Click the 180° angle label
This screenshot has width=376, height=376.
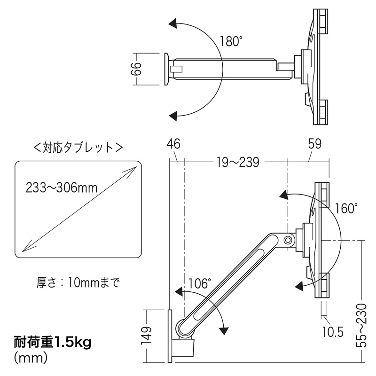tap(229, 41)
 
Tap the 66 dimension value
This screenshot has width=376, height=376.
tap(136, 69)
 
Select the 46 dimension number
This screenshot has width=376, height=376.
tap(173, 144)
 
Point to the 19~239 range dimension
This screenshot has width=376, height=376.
tap(238, 162)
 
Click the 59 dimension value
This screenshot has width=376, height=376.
tap(314, 144)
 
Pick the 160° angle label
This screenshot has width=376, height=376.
tap(346, 208)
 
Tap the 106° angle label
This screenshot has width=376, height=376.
tap(200, 283)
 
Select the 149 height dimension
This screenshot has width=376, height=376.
tap(147, 335)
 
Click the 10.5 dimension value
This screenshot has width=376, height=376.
tap(333, 332)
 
